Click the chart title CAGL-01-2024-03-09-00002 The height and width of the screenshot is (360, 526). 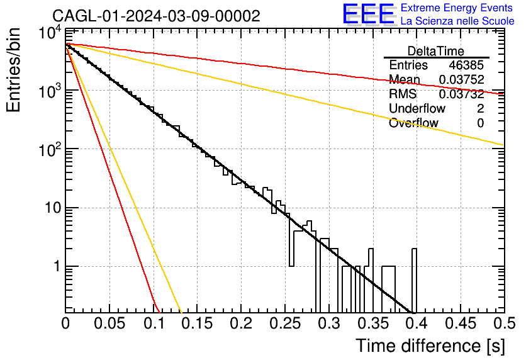(x=156, y=16)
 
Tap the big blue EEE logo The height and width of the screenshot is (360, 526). (x=369, y=14)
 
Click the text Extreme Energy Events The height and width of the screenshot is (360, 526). (x=457, y=8)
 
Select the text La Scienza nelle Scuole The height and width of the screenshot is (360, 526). (x=457, y=21)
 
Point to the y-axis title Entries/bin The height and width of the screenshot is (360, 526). (x=13, y=70)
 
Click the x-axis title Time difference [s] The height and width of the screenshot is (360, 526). (x=430, y=346)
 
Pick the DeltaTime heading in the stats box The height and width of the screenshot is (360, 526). (x=436, y=51)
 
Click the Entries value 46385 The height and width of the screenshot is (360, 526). (x=466, y=65)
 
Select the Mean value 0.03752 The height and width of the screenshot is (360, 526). (x=461, y=79)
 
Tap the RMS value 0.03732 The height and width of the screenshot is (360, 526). (x=461, y=94)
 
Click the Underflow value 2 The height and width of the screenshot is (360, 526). (x=480, y=108)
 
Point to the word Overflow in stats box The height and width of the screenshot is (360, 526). (x=413, y=123)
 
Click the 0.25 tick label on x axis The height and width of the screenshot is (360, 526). (x=285, y=323)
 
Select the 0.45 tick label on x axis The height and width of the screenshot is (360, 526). (x=461, y=323)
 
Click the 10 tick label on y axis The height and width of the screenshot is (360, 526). (x=53, y=208)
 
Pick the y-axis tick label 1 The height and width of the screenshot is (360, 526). (x=57, y=267)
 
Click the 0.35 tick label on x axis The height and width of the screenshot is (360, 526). (x=372, y=323)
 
